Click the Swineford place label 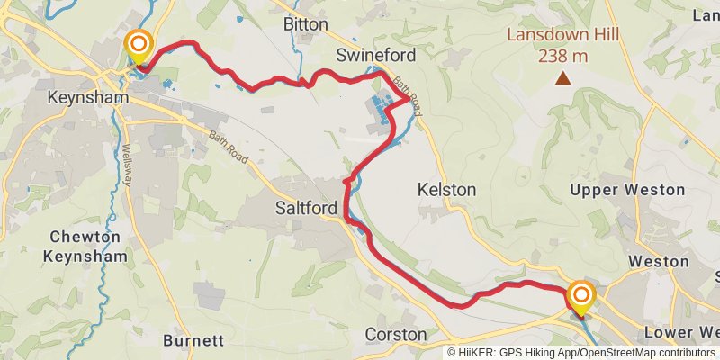[375, 56]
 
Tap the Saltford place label [305, 208]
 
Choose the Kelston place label [447, 190]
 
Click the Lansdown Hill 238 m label [562, 46]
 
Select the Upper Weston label [629, 190]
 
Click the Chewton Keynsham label [85, 247]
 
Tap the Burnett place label [193, 341]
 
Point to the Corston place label [396, 334]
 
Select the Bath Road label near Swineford [407, 94]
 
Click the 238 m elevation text [562, 56]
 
